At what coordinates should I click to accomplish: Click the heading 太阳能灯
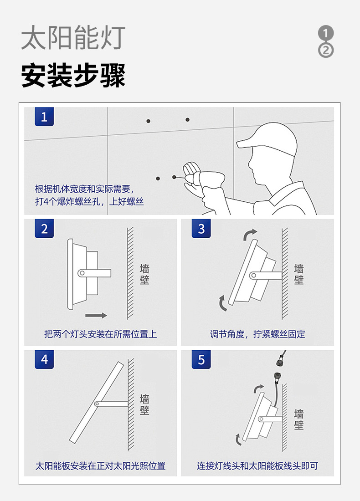pos(73,38)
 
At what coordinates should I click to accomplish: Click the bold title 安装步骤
pos(73,76)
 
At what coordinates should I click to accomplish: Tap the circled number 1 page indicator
pos(325,33)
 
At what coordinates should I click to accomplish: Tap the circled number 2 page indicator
pos(325,50)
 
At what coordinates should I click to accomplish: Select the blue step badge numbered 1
pos(44,117)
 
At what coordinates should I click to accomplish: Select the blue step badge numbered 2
pos(44,229)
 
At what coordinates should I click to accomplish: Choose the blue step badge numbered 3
pos(201,229)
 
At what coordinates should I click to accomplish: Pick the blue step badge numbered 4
pos(44,359)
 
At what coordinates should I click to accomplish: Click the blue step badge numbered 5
pos(201,359)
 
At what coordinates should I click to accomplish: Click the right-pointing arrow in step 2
pos(96,315)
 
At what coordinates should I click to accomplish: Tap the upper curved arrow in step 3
pos(250,235)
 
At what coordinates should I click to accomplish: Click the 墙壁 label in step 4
pos(144,404)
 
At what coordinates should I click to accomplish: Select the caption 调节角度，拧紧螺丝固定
pos(257,334)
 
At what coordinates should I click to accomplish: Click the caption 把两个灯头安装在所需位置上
pos(100,334)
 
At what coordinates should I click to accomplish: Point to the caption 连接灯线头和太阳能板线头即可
pos(257,466)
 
